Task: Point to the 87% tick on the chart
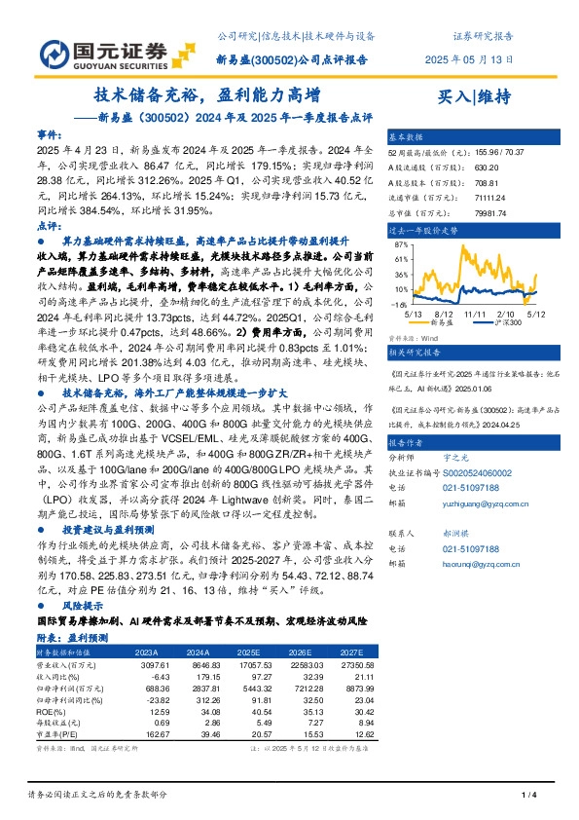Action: coord(400,246)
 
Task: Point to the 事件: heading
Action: coord(50,133)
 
